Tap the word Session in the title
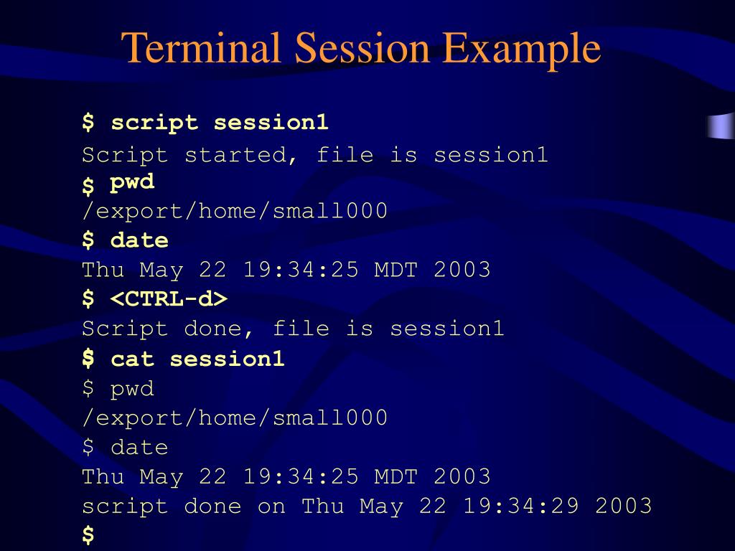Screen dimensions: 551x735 pyautogui.click(x=363, y=49)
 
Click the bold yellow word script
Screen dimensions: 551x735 pyautogui.click(x=154, y=123)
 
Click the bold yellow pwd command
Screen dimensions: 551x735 pyautogui.click(x=132, y=183)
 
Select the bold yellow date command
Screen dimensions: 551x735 pyautogui.click(x=139, y=240)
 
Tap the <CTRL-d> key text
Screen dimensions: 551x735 pyautogui.click(x=169, y=299)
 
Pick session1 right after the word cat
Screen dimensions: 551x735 pyautogui.click(x=227, y=359)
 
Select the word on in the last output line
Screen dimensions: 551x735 pyautogui.click(x=271, y=506)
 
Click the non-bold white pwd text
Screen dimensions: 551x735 pyautogui.click(x=132, y=390)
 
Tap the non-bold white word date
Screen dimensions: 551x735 pyautogui.click(x=139, y=448)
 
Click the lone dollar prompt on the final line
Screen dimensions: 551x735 pyautogui.click(x=88, y=535)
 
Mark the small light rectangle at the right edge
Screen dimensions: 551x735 pyautogui.click(x=721, y=126)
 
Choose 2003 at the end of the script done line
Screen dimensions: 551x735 pyautogui.click(x=623, y=506)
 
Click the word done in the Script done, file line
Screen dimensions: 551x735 pyautogui.click(x=212, y=329)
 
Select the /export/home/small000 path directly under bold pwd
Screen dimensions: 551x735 pyautogui.click(x=235, y=212)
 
